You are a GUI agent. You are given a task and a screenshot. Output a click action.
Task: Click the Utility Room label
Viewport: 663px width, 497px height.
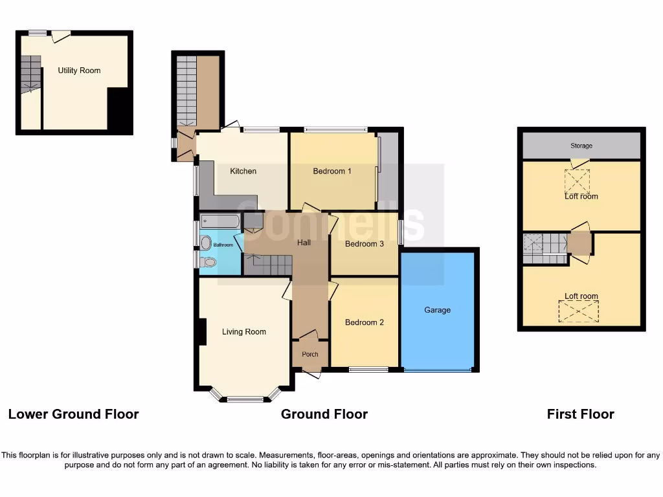(79, 71)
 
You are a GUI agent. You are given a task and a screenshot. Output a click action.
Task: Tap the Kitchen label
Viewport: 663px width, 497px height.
(243, 171)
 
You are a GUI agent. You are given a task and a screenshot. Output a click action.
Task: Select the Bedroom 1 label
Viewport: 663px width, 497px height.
(332, 171)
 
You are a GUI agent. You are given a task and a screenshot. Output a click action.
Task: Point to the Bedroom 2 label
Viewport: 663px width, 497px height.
(365, 322)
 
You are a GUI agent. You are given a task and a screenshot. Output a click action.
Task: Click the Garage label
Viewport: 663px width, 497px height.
(437, 310)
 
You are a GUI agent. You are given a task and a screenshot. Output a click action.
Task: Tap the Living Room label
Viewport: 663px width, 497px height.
(244, 332)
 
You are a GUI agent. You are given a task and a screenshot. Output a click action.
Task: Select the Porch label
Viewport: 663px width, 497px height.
(310, 354)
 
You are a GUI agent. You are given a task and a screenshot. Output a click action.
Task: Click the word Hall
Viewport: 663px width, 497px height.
(304, 243)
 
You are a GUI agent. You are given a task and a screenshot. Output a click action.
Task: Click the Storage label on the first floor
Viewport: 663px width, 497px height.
(581, 146)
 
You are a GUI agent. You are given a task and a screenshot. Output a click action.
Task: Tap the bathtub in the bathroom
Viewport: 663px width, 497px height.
(220, 222)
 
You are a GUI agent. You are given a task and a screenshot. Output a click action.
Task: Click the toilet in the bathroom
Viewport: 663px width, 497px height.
(207, 262)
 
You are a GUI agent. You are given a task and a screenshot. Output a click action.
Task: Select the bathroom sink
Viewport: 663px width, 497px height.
(206, 243)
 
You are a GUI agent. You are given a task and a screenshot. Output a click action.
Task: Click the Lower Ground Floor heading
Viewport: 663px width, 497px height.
(73, 414)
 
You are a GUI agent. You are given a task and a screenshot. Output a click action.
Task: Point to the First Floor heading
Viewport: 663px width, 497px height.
(580, 414)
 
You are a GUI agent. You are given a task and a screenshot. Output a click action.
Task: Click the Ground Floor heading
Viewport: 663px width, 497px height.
(324, 414)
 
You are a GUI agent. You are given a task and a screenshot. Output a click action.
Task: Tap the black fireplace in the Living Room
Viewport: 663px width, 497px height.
(202, 332)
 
